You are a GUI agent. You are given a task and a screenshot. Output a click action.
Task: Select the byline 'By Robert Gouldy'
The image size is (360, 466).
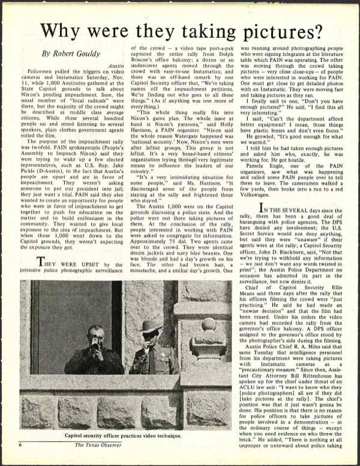coord(71,53)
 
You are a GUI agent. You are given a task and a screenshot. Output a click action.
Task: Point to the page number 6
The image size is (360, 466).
coord(20,461)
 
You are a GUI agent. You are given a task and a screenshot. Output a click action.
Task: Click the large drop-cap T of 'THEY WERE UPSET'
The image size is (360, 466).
coord(40,262)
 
